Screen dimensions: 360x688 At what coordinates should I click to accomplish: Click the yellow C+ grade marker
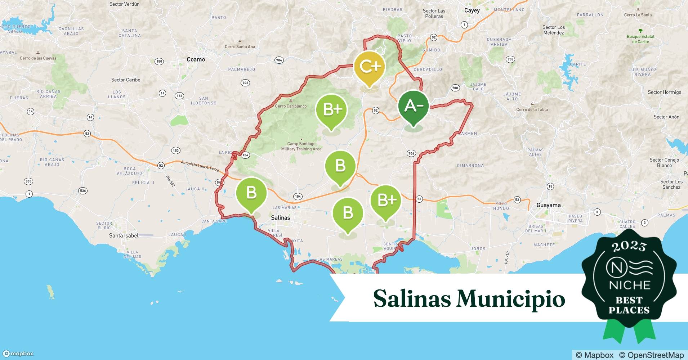click(370, 67)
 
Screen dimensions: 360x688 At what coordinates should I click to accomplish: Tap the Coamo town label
click(196, 59)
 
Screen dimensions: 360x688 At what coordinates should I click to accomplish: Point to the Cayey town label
click(472, 10)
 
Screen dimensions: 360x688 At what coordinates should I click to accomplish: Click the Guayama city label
click(548, 205)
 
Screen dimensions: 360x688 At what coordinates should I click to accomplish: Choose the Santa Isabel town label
click(124, 235)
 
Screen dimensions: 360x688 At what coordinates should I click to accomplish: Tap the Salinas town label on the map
click(280, 217)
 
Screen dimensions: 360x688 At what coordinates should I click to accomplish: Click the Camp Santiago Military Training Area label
click(301, 146)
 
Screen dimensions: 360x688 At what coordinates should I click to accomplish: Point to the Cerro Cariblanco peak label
click(291, 106)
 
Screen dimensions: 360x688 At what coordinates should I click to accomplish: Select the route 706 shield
click(411, 153)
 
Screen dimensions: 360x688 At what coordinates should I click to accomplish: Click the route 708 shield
click(455, 88)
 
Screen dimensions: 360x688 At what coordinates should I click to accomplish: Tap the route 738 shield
click(510, 59)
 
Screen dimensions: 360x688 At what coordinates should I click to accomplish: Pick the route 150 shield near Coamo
click(159, 62)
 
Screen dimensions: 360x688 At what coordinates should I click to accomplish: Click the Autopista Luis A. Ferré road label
click(200, 166)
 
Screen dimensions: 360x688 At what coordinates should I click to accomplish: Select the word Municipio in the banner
click(511, 299)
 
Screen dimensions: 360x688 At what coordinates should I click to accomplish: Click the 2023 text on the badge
click(629, 247)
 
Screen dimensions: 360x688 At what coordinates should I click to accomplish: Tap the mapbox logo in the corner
click(18, 354)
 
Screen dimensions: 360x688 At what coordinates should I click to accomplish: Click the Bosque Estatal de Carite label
click(640, 39)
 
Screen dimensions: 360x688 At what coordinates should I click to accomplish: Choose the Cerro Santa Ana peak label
click(240, 46)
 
